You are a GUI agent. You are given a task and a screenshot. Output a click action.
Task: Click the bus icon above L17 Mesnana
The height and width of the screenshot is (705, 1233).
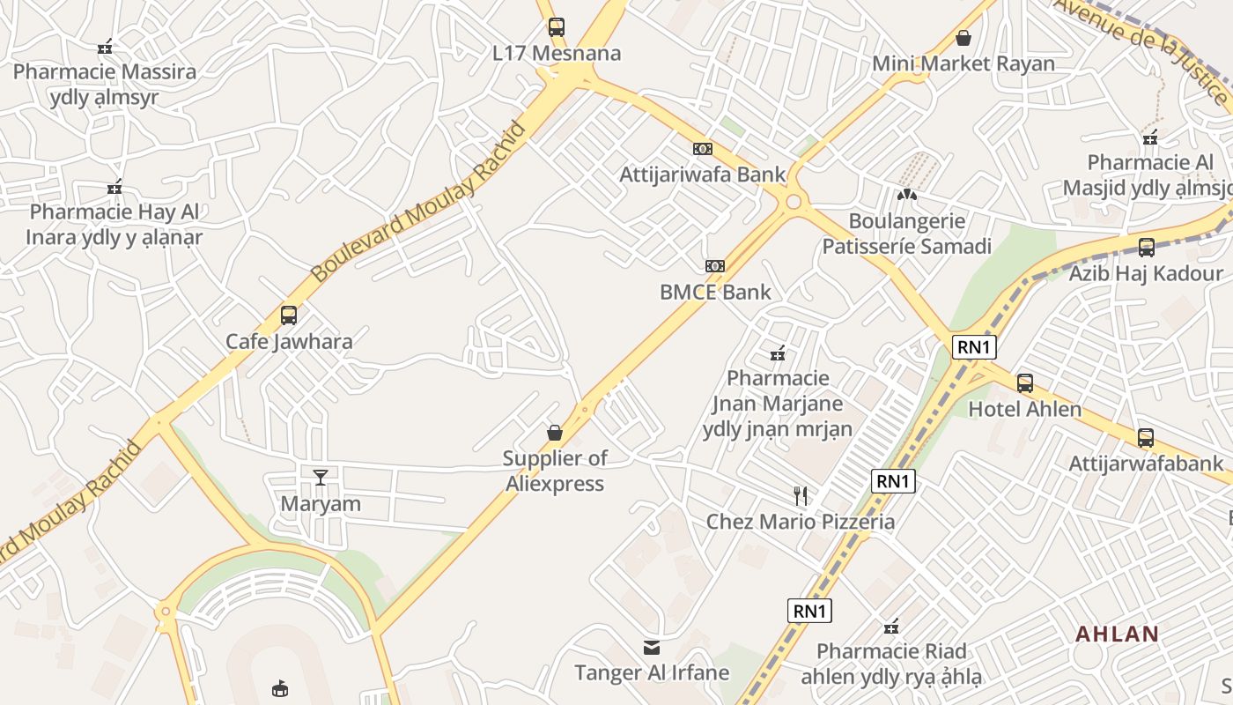pyautogui.click(x=556, y=26)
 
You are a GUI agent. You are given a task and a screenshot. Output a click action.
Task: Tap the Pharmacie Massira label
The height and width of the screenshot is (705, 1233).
pyautogui.click(x=104, y=71)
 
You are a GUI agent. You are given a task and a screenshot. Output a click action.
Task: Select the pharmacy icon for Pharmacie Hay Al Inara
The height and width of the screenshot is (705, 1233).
pyautogui.click(x=114, y=187)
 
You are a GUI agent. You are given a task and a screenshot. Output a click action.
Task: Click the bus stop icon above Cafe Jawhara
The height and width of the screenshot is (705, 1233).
pyautogui.click(x=288, y=315)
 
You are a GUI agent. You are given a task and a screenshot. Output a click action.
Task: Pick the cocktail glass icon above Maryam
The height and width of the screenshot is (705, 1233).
pyautogui.click(x=320, y=477)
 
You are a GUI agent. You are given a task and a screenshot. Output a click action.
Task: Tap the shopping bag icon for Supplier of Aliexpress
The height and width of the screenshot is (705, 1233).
pyautogui.click(x=555, y=432)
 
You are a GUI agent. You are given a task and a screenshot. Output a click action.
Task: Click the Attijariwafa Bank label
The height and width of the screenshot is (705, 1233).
pyautogui.click(x=702, y=174)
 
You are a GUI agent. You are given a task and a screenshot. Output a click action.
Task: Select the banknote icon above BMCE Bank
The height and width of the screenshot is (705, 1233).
pyautogui.click(x=715, y=265)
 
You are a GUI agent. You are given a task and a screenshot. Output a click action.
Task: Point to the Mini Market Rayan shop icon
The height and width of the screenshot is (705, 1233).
pyautogui.click(x=964, y=38)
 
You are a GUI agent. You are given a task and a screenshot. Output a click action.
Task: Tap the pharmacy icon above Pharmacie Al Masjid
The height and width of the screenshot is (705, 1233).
pyautogui.click(x=1150, y=137)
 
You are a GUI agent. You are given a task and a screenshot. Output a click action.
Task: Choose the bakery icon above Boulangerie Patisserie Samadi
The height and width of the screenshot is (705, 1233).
pyautogui.click(x=906, y=194)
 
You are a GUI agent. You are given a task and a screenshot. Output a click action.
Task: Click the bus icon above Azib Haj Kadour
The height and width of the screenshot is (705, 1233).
pyautogui.click(x=1146, y=247)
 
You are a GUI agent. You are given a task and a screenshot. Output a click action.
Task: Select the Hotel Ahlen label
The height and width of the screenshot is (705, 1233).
pyautogui.click(x=1024, y=410)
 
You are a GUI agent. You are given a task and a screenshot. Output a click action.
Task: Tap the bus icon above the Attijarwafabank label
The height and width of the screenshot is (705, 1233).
pyautogui.click(x=1145, y=437)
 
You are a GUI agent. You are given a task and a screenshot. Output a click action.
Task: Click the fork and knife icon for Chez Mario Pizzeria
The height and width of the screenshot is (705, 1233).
pyautogui.click(x=801, y=495)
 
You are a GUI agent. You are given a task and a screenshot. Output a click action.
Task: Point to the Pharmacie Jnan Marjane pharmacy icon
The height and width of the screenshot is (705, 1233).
pyautogui.click(x=778, y=353)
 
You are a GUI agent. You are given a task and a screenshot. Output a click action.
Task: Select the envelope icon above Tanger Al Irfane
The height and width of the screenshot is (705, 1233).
pyautogui.click(x=652, y=648)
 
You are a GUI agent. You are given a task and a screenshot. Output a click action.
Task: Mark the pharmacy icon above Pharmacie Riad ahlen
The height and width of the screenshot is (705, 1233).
pyautogui.click(x=891, y=627)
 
